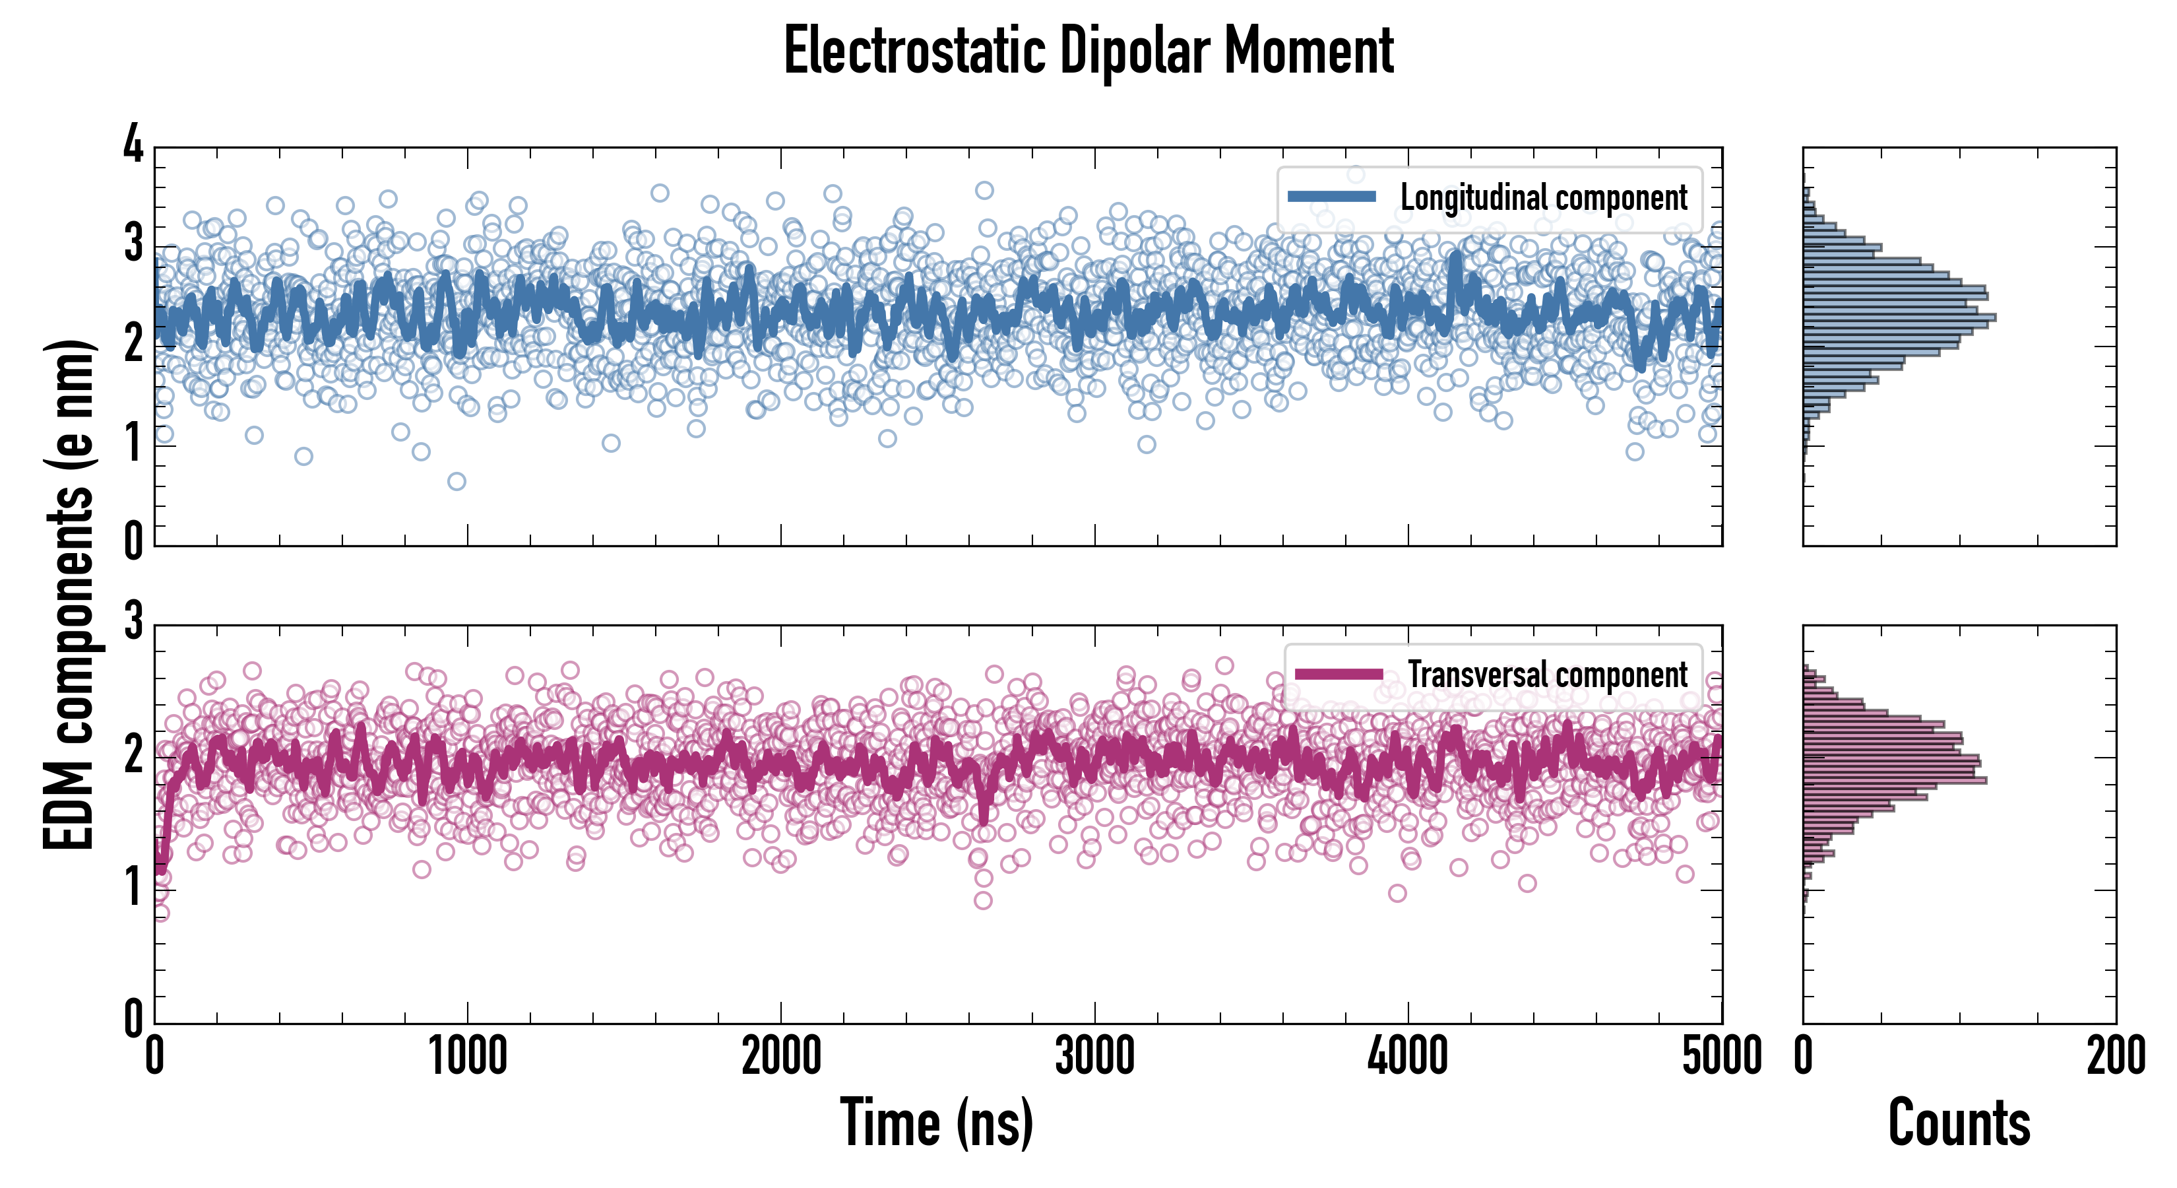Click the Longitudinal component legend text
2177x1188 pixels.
1543,198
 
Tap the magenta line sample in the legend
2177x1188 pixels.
1339,675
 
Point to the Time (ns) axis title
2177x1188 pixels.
936,1123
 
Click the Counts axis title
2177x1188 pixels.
1959,1123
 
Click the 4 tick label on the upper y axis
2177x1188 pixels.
133,145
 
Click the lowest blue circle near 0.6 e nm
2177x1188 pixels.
457,481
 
